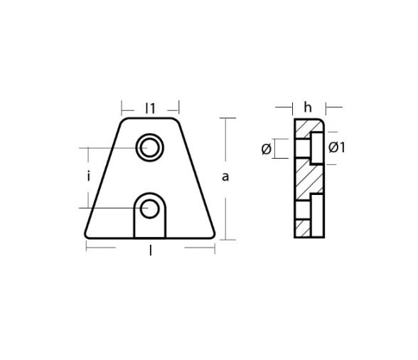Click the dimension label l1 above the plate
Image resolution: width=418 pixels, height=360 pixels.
pos(150,108)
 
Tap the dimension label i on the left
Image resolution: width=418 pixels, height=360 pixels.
pos(89,176)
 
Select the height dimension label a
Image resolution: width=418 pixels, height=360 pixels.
pos(225,176)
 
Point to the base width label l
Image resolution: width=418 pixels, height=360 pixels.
pos(150,249)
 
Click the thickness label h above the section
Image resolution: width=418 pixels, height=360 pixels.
pos(308,107)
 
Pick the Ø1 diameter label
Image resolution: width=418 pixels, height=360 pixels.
pos(337,148)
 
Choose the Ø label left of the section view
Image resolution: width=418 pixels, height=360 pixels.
pos(266,149)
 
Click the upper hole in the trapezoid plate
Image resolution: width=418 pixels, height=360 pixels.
pos(149,147)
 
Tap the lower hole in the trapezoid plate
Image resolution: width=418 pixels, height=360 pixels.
pos(149,208)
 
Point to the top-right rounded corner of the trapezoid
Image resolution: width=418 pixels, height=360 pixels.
pos(176,121)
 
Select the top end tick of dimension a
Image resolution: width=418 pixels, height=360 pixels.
pos(226,118)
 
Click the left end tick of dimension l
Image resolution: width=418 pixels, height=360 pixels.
pos(86,248)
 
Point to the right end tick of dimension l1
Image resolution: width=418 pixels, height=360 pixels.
pos(179,108)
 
